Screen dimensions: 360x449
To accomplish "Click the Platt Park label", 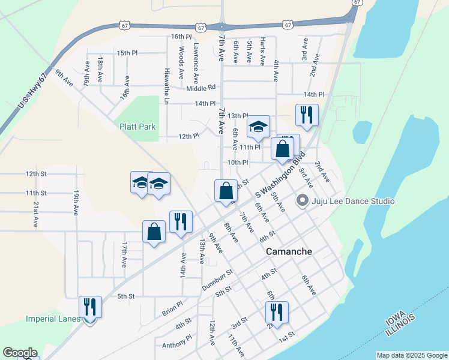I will tap(137, 127).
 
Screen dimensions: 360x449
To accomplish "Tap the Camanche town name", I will tap(289, 251).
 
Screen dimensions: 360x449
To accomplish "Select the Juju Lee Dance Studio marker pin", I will tap(303, 201).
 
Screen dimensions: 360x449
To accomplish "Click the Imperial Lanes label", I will tap(53, 319).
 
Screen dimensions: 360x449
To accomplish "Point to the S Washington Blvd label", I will tap(280, 176).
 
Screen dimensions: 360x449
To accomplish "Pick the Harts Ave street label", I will tap(263, 51).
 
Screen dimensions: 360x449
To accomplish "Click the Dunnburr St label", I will tap(217, 280).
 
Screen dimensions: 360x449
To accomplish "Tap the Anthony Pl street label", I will tap(176, 345).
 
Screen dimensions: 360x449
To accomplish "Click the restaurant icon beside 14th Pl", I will tap(307, 114).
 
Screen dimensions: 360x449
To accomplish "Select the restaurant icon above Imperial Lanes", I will tap(90, 306).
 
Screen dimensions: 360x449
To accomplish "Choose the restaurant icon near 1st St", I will tap(277, 311).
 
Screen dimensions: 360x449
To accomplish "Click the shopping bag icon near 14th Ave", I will tap(154, 231).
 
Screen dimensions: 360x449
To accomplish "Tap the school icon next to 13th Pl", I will tap(259, 126).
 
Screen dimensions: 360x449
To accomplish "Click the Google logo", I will tap(20, 353).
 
